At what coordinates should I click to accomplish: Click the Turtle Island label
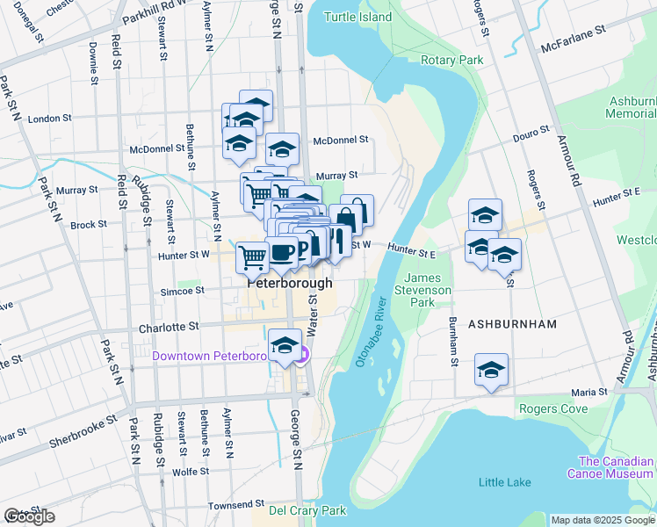[357, 17]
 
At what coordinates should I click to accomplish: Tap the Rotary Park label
[452, 60]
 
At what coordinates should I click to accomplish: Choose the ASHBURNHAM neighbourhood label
[512, 324]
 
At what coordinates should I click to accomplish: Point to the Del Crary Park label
[307, 509]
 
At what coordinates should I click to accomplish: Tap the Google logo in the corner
[29, 516]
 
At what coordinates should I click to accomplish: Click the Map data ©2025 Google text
[602, 520]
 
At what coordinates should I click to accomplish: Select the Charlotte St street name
[170, 328]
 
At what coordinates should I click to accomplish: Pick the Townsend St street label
[236, 506]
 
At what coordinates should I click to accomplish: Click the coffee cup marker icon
[281, 253]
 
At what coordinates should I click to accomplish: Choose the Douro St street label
[531, 130]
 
